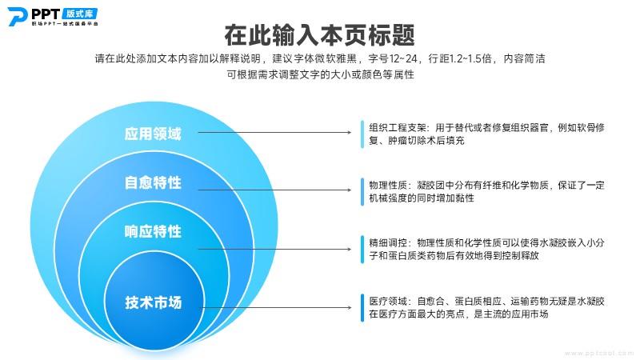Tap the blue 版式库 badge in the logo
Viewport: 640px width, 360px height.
[80, 14]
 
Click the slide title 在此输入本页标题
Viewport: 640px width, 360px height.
[319, 35]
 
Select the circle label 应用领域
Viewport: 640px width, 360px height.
[153, 134]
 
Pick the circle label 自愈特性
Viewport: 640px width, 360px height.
[153, 182]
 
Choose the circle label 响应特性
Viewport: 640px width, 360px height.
[153, 231]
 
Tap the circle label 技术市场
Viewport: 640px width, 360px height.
[153, 302]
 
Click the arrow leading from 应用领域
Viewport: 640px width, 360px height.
[274, 132]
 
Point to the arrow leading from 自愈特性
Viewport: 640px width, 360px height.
[274, 190]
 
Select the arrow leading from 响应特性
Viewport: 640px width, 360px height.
[274, 249]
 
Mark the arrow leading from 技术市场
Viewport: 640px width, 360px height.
[277, 307]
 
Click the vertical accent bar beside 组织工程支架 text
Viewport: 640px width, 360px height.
[362, 134]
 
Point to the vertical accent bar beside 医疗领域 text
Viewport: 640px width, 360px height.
[362, 307]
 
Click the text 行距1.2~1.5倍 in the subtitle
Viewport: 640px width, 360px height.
[460, 58]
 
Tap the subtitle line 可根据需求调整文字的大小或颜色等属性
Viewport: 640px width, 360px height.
[321, 74]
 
